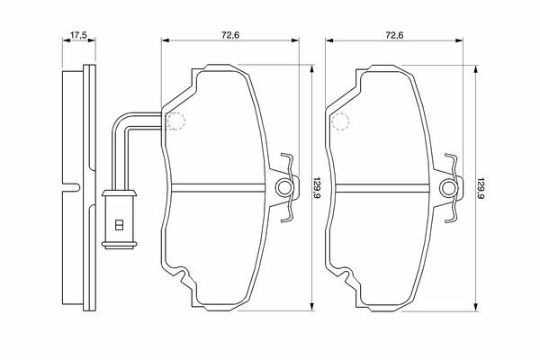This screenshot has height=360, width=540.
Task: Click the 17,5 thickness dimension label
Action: [78, 35]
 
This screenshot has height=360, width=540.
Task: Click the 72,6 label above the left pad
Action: [230, 35]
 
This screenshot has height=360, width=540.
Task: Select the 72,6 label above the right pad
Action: [394, 35]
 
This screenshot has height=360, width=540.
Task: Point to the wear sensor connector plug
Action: [119, 219]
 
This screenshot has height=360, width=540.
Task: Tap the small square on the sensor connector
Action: [119, 225]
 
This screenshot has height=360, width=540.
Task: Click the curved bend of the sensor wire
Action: [117, 121]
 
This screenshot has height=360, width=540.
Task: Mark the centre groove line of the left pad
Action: [219, 188]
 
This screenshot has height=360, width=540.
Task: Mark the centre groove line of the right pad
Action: [382, 188]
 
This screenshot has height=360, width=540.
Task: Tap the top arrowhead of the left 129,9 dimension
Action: [312, 68]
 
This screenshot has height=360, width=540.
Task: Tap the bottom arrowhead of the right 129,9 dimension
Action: [476, 307]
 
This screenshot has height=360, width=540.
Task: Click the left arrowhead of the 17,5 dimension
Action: [67, 40]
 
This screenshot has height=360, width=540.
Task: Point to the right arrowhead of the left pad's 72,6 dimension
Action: [295, 40]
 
